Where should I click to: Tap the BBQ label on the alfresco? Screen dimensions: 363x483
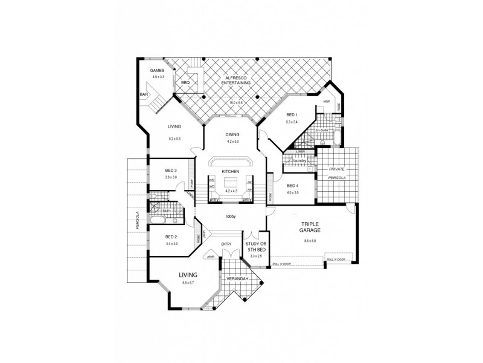pyautogui.click(x=185, y=83)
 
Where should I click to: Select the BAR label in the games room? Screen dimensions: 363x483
pyautogui.click(x=144, y=95)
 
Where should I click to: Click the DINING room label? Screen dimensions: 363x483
pyautogui.click(x=233, y=134)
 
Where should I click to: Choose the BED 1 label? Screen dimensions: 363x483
pyautogui.click(x=292, y=115)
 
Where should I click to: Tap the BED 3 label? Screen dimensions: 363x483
pyautogui.click(x=171, y=171)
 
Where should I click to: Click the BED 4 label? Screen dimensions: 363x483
pyautogui.click(x=293, y=186)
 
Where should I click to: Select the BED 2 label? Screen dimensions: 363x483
pyautogui.click(x=171, y=237)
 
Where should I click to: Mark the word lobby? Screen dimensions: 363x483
pyautogui.click(x=231, y=216)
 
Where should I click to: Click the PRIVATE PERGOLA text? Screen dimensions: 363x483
pyautogui.click(x=337, y=174)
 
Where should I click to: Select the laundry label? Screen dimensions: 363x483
pyautogui.click(x=301, y=161)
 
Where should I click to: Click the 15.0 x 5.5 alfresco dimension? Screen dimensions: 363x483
pyautogui.click(x=235, y=103)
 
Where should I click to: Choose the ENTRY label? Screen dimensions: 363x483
pyautogui.click(x=226, y=244)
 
